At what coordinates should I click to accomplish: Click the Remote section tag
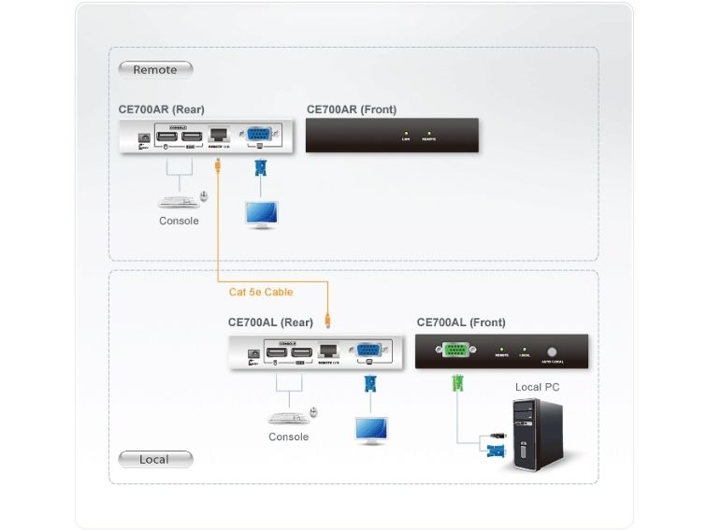[154, 69]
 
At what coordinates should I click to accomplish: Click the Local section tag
[154, 459]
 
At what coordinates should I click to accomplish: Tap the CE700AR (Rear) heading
[161, 109]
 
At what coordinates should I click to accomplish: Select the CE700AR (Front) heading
[351, 109]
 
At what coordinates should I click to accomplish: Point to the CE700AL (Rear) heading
[270, 322]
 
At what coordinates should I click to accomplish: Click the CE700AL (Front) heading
[461, 322]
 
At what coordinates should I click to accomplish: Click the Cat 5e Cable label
[261, 292]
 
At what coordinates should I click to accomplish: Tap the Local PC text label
[538, 386]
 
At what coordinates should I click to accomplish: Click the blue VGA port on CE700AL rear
[368, 351]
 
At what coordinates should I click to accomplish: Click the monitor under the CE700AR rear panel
[260, 212]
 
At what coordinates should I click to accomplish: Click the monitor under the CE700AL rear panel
[370, 428]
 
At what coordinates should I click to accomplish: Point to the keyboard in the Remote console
[179, 199]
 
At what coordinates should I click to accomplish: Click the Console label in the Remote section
[179, 222]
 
